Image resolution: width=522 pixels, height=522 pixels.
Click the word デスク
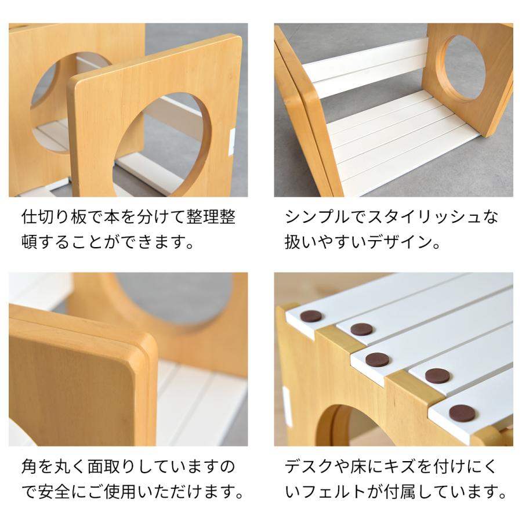314,468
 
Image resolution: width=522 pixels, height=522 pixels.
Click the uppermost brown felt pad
311,317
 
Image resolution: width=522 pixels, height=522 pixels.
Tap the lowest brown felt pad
462,412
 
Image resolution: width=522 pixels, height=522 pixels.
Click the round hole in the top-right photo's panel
465,67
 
